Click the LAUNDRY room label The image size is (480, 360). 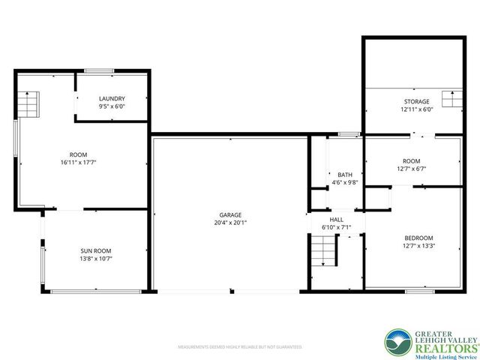(112, 99)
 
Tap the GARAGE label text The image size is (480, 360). (230, 214)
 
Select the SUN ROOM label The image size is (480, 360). (101, 251)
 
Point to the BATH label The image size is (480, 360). (345, 174)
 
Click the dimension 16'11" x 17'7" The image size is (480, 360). (80, 163)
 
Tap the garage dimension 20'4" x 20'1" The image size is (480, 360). (230, 223)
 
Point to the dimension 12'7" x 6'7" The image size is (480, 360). (412, 169)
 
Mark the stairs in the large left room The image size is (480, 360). (28, 100)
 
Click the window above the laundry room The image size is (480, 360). (98, 70)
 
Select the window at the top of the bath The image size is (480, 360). (348, 134)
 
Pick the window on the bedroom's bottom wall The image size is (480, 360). (419, 290)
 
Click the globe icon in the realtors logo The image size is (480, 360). (397, 343)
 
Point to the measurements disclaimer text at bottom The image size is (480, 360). (239, 347)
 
